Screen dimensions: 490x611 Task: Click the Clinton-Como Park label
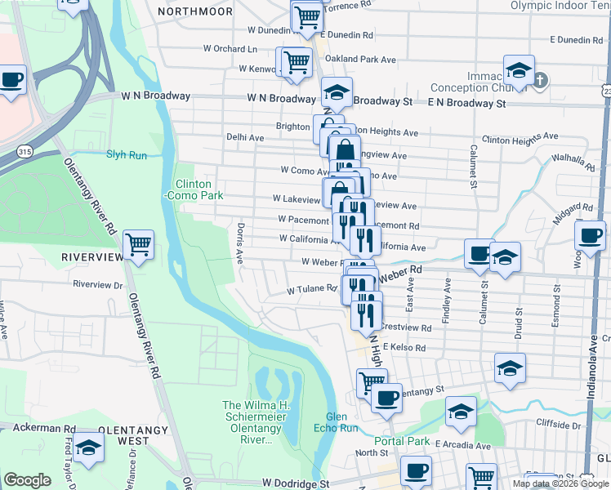194,190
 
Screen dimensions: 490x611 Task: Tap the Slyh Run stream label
126,154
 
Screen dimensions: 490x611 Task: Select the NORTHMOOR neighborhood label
196,11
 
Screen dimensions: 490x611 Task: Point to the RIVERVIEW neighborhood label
91,257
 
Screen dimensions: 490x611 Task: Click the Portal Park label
403,442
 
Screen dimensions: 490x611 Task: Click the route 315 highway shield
25,152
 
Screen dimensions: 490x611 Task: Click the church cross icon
541,80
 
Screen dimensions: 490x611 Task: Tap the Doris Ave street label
240,243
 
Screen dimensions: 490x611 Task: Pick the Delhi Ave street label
245,138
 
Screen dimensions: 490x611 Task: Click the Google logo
27,480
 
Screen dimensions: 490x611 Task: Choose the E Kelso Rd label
404,348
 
